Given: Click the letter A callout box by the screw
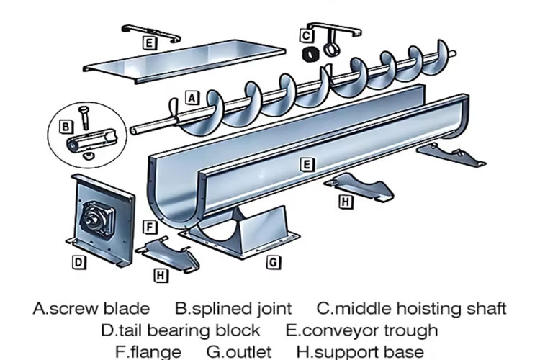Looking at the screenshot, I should [x=192, y=96].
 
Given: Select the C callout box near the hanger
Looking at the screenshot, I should [x=306, y=35].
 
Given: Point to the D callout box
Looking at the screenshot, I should [x=78, y=262].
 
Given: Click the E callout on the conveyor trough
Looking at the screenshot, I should [x=307, y=164].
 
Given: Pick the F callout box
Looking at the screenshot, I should [x=149, y=228].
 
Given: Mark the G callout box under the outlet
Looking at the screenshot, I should [x=274, y=263].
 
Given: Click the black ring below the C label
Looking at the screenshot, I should [x=310, y=53].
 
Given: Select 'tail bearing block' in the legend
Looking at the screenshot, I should [x=190, y=330].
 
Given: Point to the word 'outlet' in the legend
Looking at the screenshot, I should [x=248, y=352].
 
